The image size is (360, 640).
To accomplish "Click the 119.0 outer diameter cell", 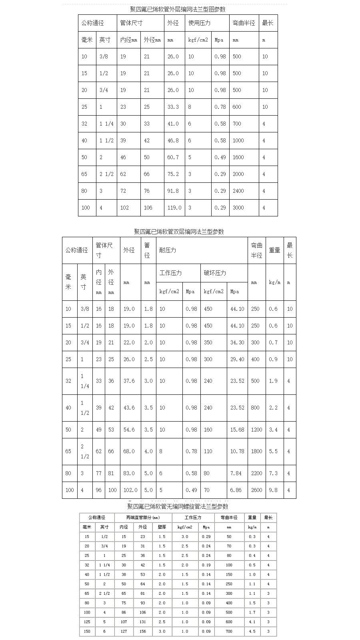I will (x=174, y=208).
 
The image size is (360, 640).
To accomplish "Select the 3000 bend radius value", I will (x=238, y=208).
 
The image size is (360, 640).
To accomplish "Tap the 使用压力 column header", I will (x=199, y=23).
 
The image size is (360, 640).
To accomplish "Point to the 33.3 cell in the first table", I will (x=173, y=107).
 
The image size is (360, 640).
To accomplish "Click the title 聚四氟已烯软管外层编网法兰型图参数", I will (x=178, y=9).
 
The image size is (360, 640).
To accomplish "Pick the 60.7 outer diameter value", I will (x=173, y=157).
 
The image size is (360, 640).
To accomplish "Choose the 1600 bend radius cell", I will (x=238, y=157).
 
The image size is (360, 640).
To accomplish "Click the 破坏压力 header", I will (x=215, y=273).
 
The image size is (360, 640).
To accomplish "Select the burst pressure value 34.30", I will (x=237, y=342).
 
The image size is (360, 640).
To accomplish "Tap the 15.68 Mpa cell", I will (x=237, y=430).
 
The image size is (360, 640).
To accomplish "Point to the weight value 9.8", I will (x=273, y=490).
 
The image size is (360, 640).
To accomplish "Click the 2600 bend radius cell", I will (x=256, y=490).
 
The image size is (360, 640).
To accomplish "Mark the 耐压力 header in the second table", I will (x=168, y=250).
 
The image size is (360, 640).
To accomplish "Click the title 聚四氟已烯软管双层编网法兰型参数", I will (x=179, y=232).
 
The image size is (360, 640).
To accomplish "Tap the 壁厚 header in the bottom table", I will (x=162, y=527).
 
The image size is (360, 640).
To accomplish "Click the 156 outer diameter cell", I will (x=143, y=631).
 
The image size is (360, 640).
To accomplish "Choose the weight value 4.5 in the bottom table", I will (x=252, y=631).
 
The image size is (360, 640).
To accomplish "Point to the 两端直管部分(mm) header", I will (x=143, y=518).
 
